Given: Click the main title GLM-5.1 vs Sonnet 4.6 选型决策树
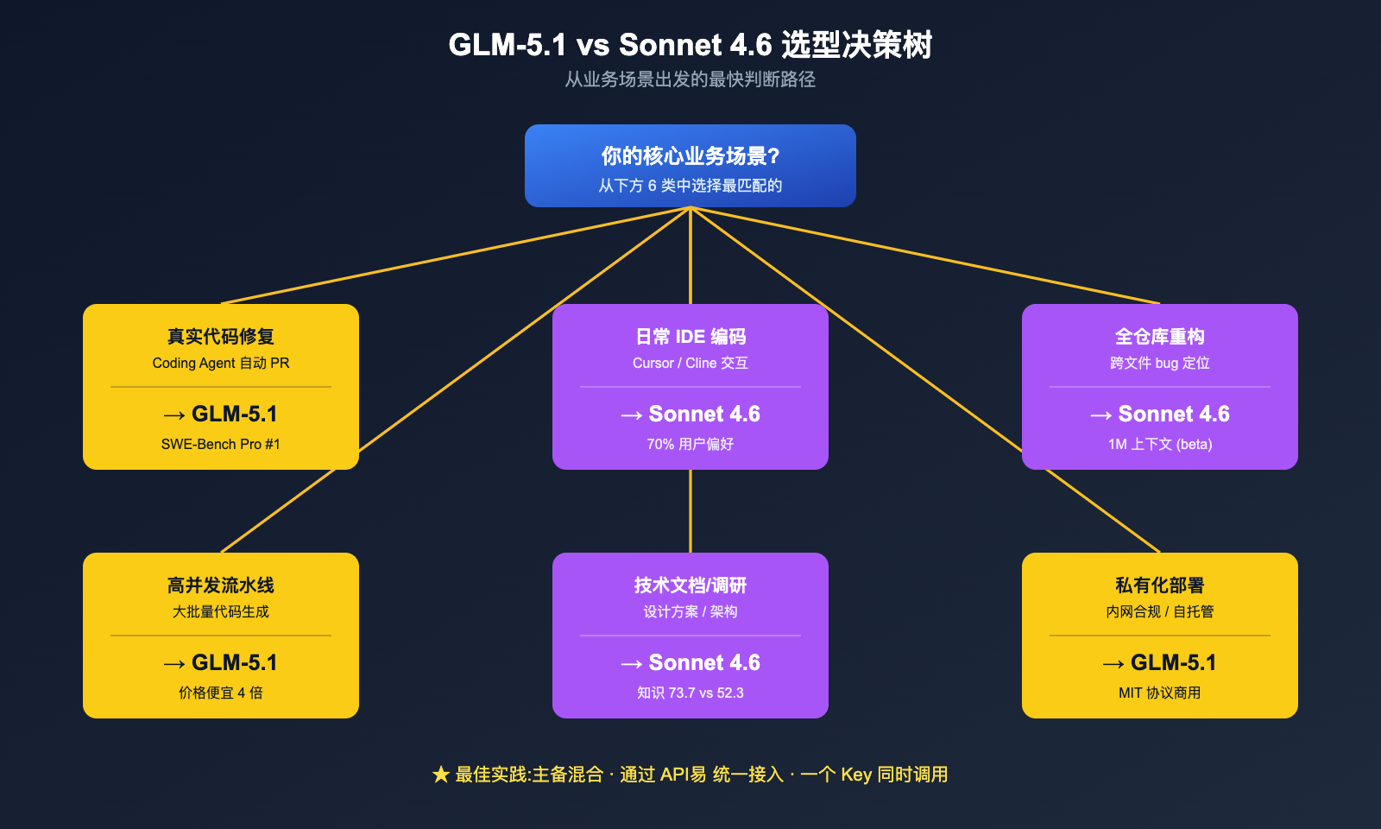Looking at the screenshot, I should [x=690, y=45].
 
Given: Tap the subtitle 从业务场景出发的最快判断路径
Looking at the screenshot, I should [x=690, y=79].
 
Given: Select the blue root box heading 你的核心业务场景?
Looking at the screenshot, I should [x=690, y=156].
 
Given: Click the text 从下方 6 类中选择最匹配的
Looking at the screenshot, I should [x=690, y=186].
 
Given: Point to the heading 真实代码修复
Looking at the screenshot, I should [x=221, y=337].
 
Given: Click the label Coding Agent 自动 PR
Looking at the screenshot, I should [x=221, y=364].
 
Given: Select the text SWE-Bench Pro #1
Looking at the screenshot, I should [x=221, y=444].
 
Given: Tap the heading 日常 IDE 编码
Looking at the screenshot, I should [x=690, y=337].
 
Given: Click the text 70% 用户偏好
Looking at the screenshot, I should [x=690, y=444].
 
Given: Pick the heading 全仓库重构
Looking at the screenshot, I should [x=1159, y=337].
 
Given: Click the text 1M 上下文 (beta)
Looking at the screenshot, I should [x=1159, y=444].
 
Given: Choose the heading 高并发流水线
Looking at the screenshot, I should [x=221, y=585].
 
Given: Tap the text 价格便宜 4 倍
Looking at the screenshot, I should [x=221, y=693].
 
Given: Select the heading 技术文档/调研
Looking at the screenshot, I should [x=690, y=585].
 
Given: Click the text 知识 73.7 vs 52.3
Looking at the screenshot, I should [x=690, y=693].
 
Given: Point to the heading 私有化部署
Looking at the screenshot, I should [x=1159, y=585].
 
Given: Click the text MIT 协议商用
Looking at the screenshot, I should [x=1159, y=693].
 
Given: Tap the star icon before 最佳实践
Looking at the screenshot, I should [x=441, y=775].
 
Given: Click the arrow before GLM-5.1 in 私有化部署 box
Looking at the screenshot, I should [x=1113, y=664].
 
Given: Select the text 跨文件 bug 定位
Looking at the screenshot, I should [x=1159, y=364].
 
